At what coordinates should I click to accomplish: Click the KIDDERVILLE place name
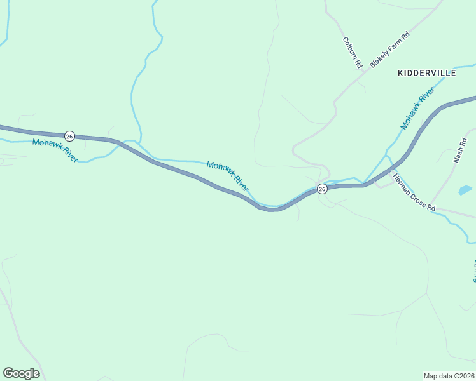(x=426, y=73)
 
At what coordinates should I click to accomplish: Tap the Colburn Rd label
(x=352, y=53)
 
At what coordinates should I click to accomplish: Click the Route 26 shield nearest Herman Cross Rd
(x=322, y=189)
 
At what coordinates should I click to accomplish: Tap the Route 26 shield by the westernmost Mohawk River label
(x=69, y=136)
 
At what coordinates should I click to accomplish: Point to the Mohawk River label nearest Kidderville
(x=417, y=109)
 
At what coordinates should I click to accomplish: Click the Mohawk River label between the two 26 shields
(x=227, y=176)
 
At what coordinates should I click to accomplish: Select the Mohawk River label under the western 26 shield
(x=54, y=150)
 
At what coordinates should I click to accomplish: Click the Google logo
(x=21, y=373)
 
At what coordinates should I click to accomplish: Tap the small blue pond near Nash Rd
(x=465, y=190)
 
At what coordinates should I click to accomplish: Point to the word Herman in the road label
(x=402, y=185)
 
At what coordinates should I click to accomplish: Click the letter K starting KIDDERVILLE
(x=400, y=73)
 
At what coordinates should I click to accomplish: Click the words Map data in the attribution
(x=438, y=375)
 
